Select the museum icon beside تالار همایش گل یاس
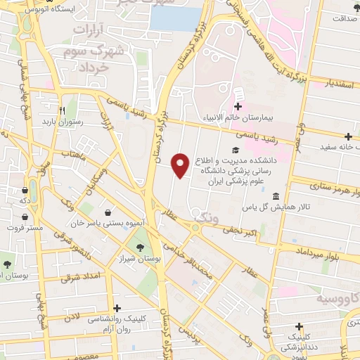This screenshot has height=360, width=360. click(x=275, y=196)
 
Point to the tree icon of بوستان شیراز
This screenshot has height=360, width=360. click(x=140, y=247)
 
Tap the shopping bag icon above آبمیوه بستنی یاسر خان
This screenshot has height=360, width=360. click(x=107, y=212)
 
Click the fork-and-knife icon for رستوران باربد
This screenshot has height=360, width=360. click(x=62, y=110)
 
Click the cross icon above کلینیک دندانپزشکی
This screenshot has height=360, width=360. click(x=300, y=326)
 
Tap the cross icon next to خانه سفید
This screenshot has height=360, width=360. click(x=348, y=136)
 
